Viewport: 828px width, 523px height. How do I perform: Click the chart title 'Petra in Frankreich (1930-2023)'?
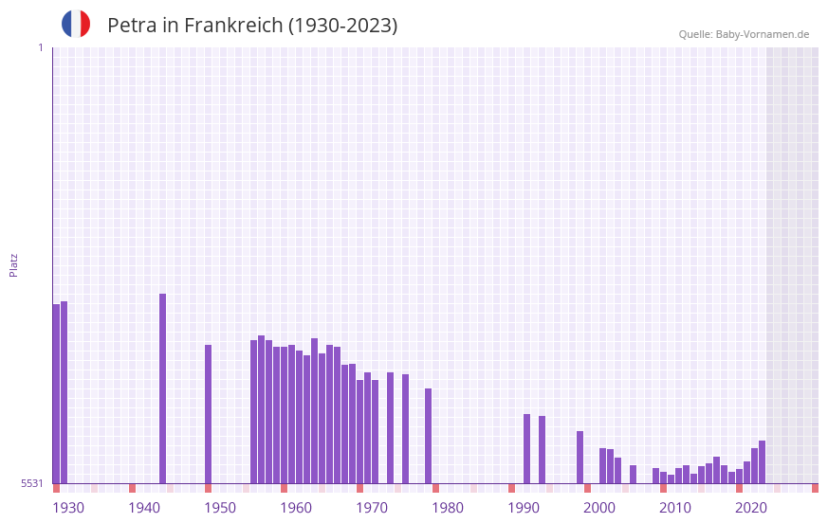click(252, 26)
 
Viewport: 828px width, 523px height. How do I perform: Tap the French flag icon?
click(76, 25)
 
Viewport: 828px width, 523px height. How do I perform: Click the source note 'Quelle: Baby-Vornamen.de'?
click(744, 34)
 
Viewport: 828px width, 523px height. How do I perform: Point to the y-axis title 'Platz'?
click(13, 264)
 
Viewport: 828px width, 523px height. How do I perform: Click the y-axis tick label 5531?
click(32, 483)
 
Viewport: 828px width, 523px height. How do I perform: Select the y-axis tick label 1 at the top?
click(40, 47)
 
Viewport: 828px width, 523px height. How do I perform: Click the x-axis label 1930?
click(68, 508)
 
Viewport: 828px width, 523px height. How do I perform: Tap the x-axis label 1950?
click(220, 508)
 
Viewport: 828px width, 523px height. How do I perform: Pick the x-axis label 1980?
click(448, 508)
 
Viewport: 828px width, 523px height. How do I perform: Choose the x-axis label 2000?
click(599, 508)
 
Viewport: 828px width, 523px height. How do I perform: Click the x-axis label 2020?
click(751, 508)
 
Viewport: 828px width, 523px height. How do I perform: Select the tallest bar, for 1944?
click(162, 388)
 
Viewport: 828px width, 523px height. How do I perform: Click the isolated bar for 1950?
click(208, 414)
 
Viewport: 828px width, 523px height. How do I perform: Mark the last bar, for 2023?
click(762, 462)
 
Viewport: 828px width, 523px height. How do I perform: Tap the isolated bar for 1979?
click(428, 436)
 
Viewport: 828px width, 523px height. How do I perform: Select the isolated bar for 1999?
click(580, 458)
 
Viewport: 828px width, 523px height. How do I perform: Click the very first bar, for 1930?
click(56, 393)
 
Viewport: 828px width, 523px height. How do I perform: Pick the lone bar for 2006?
click(633, 475)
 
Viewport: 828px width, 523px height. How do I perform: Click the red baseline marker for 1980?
click(435, 488)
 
